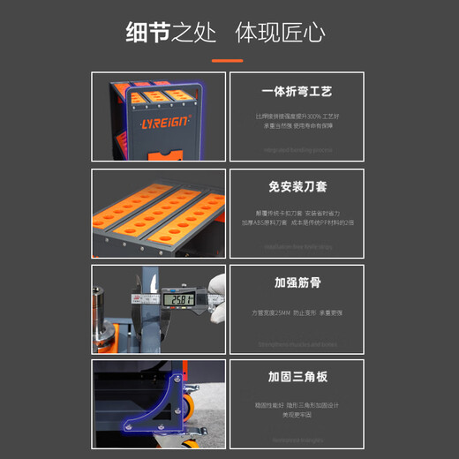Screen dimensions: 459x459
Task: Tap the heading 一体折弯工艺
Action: [x=297, y=92]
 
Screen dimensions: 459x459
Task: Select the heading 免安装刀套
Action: [x=297, y=187]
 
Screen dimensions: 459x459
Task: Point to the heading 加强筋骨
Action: [x=297, y=283]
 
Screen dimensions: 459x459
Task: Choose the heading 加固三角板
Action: [x=297, y=377]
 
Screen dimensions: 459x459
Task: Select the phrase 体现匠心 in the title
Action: [x=280, y=34]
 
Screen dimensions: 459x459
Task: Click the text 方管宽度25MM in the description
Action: [x=270, y=312]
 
